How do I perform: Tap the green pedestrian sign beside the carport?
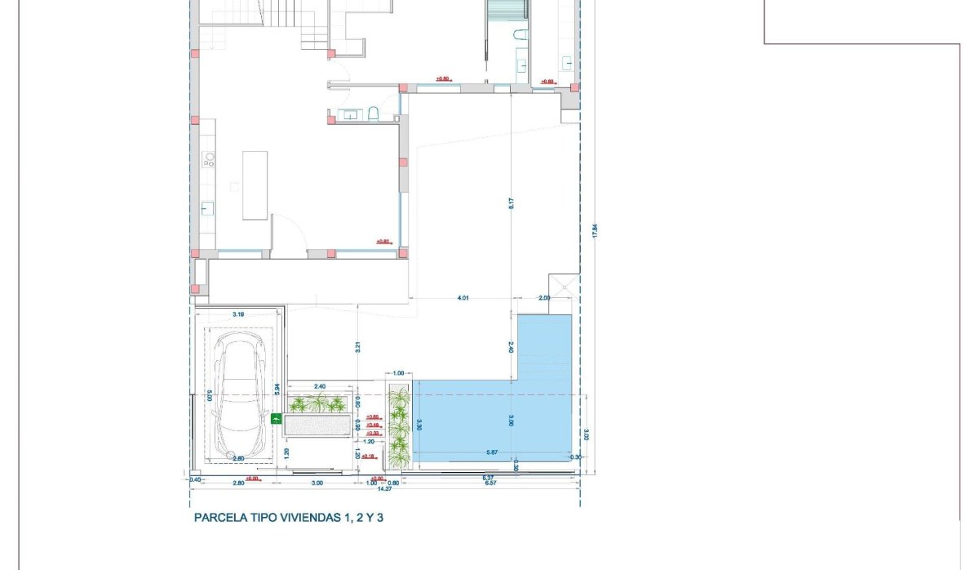click(x=276, y=421)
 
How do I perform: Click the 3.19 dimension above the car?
click(x=239, y=314)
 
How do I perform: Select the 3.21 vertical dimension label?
click(x=357, y=346)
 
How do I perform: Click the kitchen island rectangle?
click(x=255, y=185)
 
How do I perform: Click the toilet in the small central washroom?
click(x=373, y=114)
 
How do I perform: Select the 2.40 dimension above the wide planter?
click(x=320, y=386)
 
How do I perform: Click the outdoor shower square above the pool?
click(x=563, y=283)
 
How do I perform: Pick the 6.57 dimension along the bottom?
click(x=489, y=483)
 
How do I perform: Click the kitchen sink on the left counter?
click(x=207, y=207)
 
